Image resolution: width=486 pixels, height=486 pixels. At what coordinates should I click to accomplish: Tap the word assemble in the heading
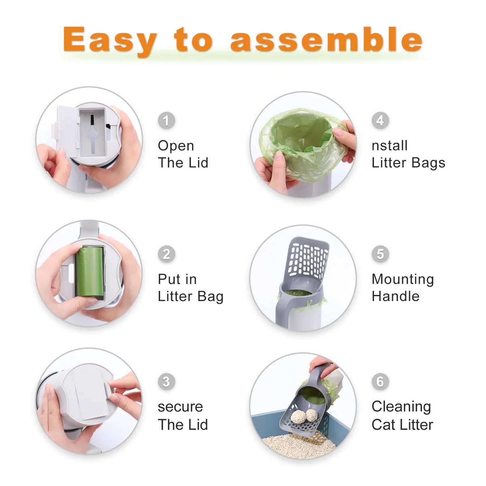click(x=326, y=40)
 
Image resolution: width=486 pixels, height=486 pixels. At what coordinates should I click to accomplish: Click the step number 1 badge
click(x=166, y=120)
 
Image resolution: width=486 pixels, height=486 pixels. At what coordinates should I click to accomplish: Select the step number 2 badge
click(x=166, y=254)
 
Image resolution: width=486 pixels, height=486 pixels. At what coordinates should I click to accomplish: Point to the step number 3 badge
click(x=166, y=382)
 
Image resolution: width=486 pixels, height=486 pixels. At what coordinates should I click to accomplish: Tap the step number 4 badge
click(x=380, y=120)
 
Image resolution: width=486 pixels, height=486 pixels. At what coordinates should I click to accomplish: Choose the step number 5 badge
click(x=380, y=254)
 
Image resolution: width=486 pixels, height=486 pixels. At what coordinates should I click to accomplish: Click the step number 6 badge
click(x=380, y=382)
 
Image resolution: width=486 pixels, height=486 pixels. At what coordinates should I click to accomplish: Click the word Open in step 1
click(x=176, y=146)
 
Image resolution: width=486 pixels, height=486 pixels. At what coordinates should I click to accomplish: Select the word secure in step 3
click(x=180, y=407)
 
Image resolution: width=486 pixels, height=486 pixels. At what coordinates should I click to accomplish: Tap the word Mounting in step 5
click(x=403, y=279)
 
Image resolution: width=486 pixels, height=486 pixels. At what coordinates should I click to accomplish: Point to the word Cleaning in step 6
click(x=401, y=407)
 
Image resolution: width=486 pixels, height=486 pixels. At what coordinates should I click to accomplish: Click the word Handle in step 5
click(x=395, y=296)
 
